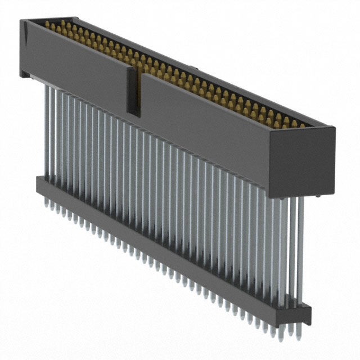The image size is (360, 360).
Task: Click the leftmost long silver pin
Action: click(45, 129)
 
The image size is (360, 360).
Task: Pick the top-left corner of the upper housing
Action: click(21, 21)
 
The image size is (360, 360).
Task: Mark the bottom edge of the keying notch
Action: click(133, 116)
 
